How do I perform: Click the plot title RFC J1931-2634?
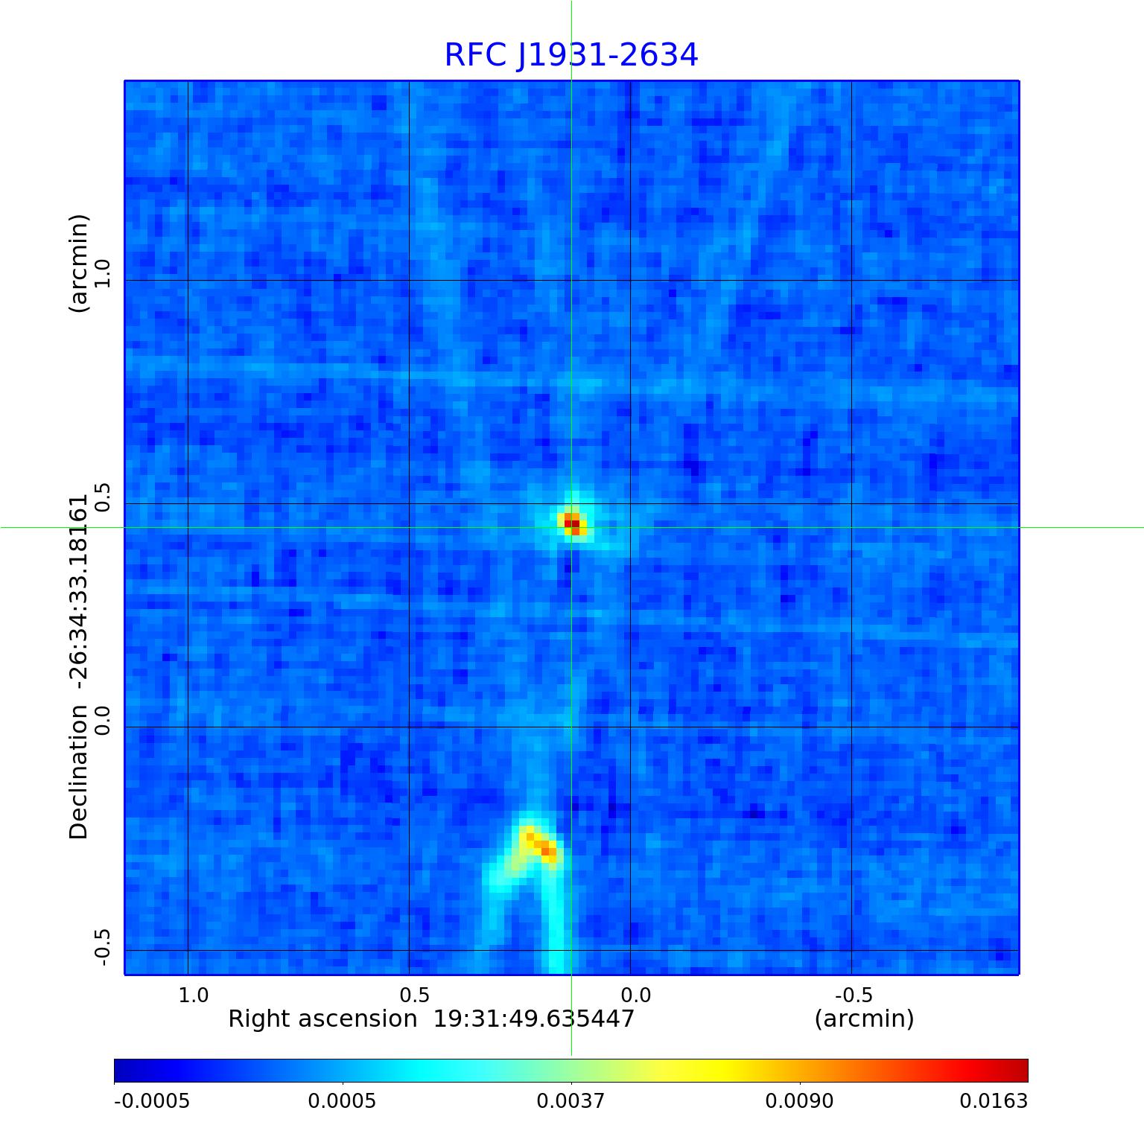[x=571, y=55]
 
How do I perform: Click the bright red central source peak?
[x=571, y=523]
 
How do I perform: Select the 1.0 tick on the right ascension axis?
[x=194, y=995]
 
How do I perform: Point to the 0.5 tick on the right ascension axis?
[x=414, y=995]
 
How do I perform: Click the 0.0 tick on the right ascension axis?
[x=635, y=995]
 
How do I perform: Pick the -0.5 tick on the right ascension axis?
[x=854, y=995]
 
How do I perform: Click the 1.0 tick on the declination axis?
[x=102, y=274]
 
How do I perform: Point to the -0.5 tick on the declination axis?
[x=102, y=947]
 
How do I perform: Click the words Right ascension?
[x=322, y=1019]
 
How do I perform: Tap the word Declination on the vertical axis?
[x=78, y=771]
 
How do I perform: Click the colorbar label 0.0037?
[x=571, y=1100]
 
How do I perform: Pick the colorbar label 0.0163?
[x=993, y=1100]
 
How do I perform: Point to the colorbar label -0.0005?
[x=151, y=1100]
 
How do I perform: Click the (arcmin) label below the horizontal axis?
[x=864, y=1019]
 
